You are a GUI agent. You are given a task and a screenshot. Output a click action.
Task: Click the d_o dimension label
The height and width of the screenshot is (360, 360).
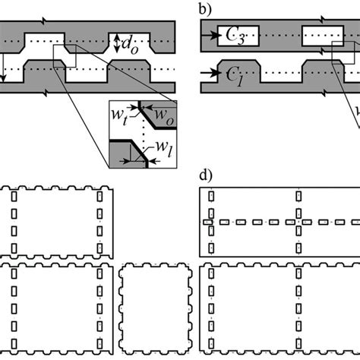(131, 44)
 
